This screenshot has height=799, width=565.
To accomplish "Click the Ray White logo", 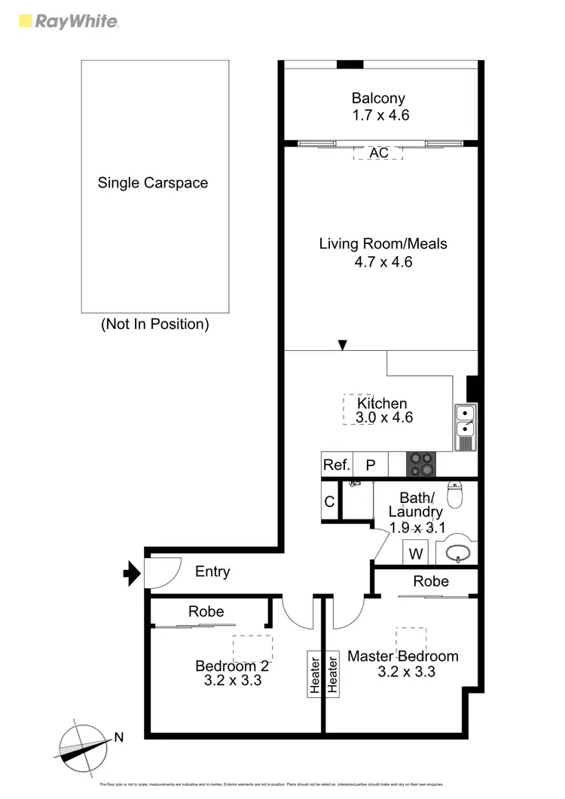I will pyautogui.click(x=67, y=21).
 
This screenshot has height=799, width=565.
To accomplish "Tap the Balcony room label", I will pyautogui.click(x=378, y=98).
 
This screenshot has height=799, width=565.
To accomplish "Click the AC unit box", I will pyautogui.click(x=378, y=153).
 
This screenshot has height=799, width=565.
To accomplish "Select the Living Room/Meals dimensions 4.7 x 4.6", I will pyautogui.click(x=383, y=262).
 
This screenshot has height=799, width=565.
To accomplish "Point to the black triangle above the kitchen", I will pyautogui.click(x=343, y=346).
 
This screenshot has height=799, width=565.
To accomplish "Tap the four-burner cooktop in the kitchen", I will pyautogui.click(x=421, y=464).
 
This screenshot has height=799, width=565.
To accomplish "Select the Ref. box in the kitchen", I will pyautogui.click(x=336, y=465).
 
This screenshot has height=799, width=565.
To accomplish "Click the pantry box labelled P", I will pyautogui.click(x=371, y=465).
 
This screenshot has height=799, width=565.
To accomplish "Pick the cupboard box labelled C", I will pyautogui.click(x=329, y=502).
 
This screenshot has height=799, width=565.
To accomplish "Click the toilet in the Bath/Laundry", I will pyautogui.click(x=456, y=495).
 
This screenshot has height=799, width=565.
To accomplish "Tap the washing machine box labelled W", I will pyautogui.click(x=415, y=554).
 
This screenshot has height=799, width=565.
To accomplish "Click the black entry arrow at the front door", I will pyautogui.click(x=132, y=575).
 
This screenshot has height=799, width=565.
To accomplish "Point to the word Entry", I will pyautogui.click(x=212, y=572).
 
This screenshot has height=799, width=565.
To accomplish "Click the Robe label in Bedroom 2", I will pyautogui.click(x=206, y=611).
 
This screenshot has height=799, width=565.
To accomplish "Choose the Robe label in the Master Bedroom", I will pyautogui.click(x=431, y=581).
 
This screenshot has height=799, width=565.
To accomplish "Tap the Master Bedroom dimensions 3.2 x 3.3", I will pyautogui.click(x=406, y=672).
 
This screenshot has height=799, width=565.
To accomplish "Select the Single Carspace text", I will pyautogui.click(x=153, y=182).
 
